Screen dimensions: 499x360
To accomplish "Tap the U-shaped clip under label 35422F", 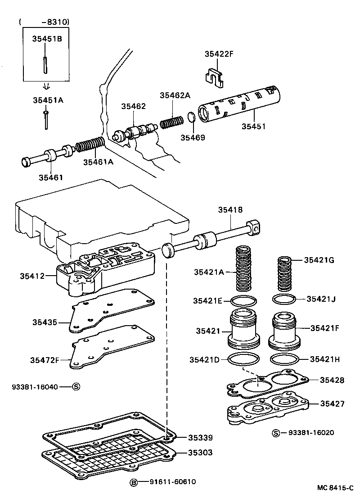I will click(216, 76).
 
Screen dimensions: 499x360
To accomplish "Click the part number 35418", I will click(230, 209).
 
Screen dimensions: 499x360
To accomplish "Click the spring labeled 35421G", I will click(284, 273).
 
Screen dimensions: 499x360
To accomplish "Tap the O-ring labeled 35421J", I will click(284, 299).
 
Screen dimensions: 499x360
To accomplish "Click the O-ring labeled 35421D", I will click(244, 359).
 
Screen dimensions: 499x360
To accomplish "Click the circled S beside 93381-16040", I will click(76, 386).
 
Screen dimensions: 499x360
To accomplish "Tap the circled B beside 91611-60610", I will click(134, 482).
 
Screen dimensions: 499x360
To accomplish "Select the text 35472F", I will click(45, 360).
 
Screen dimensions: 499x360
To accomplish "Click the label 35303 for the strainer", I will click(200, 453).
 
